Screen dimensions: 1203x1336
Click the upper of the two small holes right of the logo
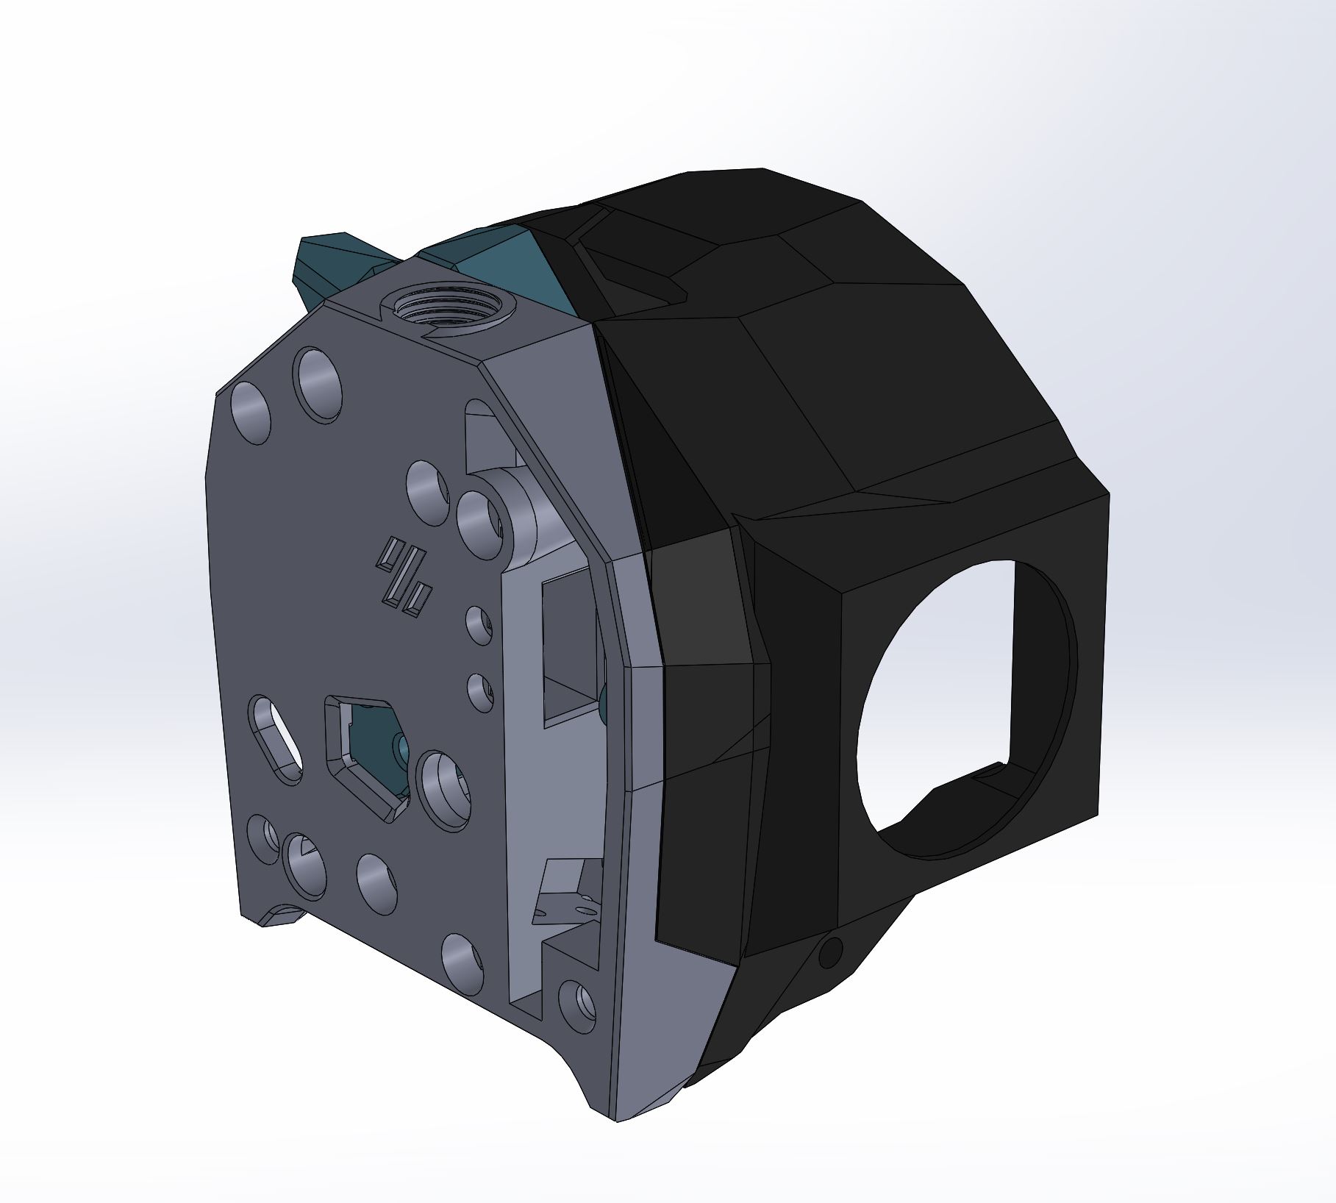(480, 625)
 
